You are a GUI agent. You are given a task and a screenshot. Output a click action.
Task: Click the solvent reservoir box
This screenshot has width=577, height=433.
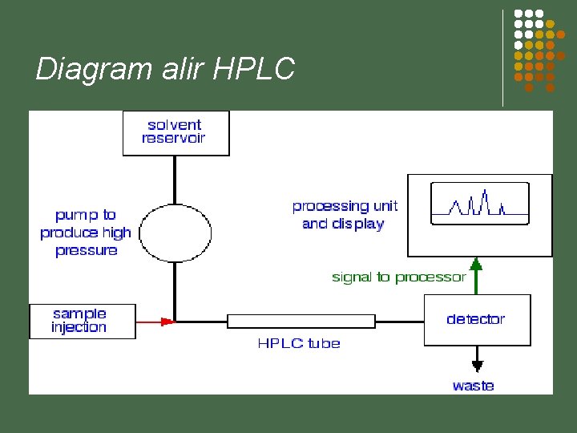point(176,132)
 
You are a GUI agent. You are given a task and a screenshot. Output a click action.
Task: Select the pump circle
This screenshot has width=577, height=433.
point(175,233)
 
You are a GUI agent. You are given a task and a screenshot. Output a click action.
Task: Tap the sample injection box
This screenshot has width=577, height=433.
point(82,321)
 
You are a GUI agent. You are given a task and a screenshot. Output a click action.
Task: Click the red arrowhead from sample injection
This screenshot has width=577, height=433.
point(167,322)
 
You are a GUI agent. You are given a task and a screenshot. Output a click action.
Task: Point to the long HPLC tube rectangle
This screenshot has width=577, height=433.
point(301,322)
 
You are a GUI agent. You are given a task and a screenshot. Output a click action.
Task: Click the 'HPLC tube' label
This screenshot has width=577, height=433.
point(299,343)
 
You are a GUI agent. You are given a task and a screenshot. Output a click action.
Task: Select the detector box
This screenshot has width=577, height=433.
point(477,320)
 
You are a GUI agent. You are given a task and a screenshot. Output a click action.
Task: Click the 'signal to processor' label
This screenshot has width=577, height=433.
point(398,277)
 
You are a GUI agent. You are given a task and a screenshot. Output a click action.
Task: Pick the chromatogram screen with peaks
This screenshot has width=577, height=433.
point(480,203)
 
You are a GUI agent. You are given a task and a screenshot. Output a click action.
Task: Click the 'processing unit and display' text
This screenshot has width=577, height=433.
point(345,215)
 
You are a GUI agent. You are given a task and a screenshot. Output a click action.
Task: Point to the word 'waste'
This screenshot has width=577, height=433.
point(473,386)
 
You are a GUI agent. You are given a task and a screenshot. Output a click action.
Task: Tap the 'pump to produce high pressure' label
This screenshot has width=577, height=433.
point(87,233)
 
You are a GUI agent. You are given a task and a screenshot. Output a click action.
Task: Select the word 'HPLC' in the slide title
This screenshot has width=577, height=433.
point(255,69)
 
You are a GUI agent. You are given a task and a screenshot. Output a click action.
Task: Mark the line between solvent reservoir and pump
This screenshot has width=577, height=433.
point(175,180)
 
